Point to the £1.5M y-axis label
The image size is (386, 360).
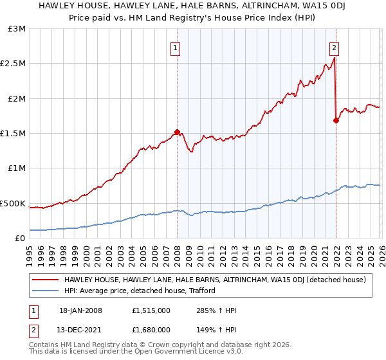click(13, 134)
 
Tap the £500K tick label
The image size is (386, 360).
click(13, 203)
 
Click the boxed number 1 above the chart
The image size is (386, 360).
click(175, 47)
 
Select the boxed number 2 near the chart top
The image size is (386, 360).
click(335, 47)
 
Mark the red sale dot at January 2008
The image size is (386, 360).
click(177, 132)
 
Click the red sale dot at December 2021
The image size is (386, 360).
click(336, 120)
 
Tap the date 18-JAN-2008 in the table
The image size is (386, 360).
click(82, 311)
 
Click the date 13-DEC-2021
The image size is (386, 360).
click(82, 330)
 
